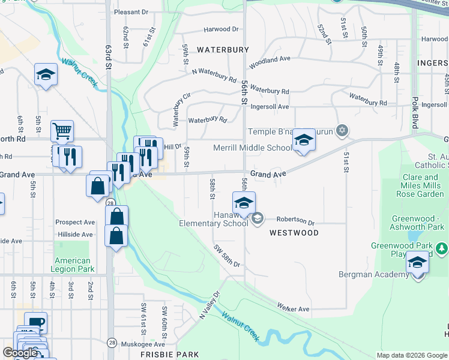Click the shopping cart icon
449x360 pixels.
coord(62,131)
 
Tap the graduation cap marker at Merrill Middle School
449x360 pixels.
coord(304,141)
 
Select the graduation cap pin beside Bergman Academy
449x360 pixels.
coord(418,263)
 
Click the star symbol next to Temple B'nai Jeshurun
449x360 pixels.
coord(342,130)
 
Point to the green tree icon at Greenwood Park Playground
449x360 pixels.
coord(442,247)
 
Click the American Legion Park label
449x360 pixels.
coord(73,265)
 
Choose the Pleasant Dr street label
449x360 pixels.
coord(131,11)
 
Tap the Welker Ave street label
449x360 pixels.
coord(293,308)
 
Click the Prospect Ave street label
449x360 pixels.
coord(75,222)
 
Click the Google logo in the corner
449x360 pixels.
coord(20,353)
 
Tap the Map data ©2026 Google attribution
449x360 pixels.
coord(412,355)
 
